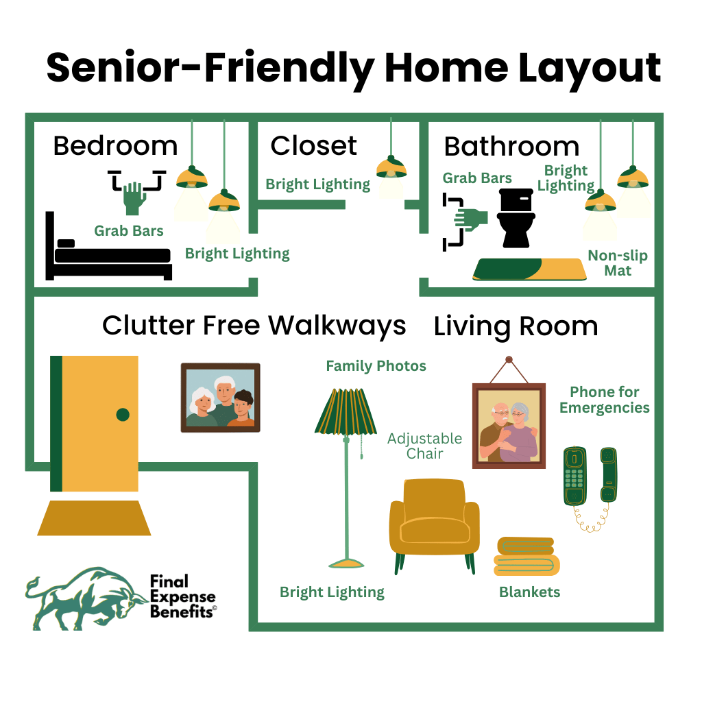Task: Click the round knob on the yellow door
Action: [x=123, y=415]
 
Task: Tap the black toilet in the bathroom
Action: [x=516, y=218]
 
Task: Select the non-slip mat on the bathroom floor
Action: [x=530, y=269]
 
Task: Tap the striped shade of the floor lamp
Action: [x=346, y=411]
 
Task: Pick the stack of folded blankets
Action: [x=526, y=556]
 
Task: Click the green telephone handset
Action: [x=609, y=474]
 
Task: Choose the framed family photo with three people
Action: [x=220, y=398]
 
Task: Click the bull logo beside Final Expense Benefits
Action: [x=85, y=599]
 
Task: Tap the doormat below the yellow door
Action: [x=94, y=518]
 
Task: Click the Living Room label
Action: [x=516, y=326]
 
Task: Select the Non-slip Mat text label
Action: [x=618, y=263]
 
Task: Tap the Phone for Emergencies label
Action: [x=605, y=400]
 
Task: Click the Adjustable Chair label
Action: [x=424, y=446]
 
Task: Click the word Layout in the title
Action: [x=590, y=69]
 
